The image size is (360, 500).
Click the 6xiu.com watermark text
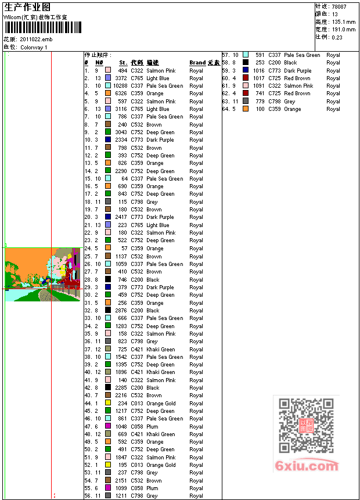[x=307, y=466]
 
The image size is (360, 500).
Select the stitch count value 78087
[x=340, y=6]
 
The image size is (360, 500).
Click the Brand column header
[x=197, y=63]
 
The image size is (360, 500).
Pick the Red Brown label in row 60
[x=297, y=78]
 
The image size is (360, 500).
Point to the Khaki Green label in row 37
[x=161, y=350]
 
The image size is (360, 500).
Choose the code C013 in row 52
[x=137, y=465]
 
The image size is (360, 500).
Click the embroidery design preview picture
[x=42, y=274]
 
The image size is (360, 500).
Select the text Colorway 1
[x=34, y=47]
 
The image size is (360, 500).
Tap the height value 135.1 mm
[x=343, y=21]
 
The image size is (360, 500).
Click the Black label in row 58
[x=290, y=63]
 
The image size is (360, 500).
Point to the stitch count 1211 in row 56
[x=121, y=496]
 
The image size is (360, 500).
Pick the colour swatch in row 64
[x=246, y=109]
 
